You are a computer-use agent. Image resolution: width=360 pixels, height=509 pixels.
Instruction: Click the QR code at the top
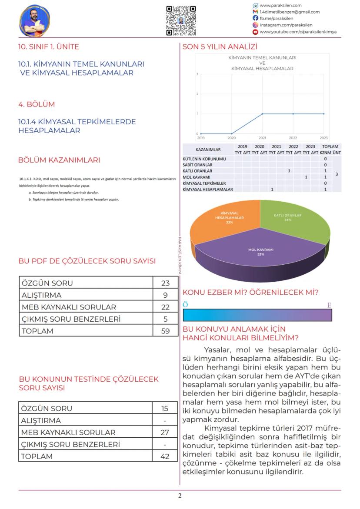coord(181,20)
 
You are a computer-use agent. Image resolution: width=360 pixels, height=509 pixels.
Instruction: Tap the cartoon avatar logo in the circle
coord(35,20)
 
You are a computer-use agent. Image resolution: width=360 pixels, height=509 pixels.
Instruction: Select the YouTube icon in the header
coord(255,32)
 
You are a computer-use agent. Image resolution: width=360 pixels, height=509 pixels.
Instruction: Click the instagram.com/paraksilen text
coord(286,25)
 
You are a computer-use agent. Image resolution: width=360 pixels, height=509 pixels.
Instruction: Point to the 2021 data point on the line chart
coord(262,114)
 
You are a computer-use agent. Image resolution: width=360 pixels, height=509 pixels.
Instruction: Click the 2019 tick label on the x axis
coord(201,137)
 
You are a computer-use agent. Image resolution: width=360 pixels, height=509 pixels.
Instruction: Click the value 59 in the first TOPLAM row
coord(165,331)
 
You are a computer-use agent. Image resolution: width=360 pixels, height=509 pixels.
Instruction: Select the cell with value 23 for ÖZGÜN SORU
coord(165,283)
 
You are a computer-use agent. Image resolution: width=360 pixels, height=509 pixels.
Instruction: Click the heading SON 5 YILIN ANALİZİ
coord(220,47)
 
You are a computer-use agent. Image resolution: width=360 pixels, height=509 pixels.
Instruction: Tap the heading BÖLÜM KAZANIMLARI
coord(59,160)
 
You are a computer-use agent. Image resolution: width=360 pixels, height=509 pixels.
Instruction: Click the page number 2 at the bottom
coord(180,496)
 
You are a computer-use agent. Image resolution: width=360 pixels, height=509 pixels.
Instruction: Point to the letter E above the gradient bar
coord(329,305)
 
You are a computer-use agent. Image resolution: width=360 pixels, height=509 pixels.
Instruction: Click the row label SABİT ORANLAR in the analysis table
coord(198,165)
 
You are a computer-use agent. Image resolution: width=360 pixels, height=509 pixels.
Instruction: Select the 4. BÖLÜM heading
coord(37,104)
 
